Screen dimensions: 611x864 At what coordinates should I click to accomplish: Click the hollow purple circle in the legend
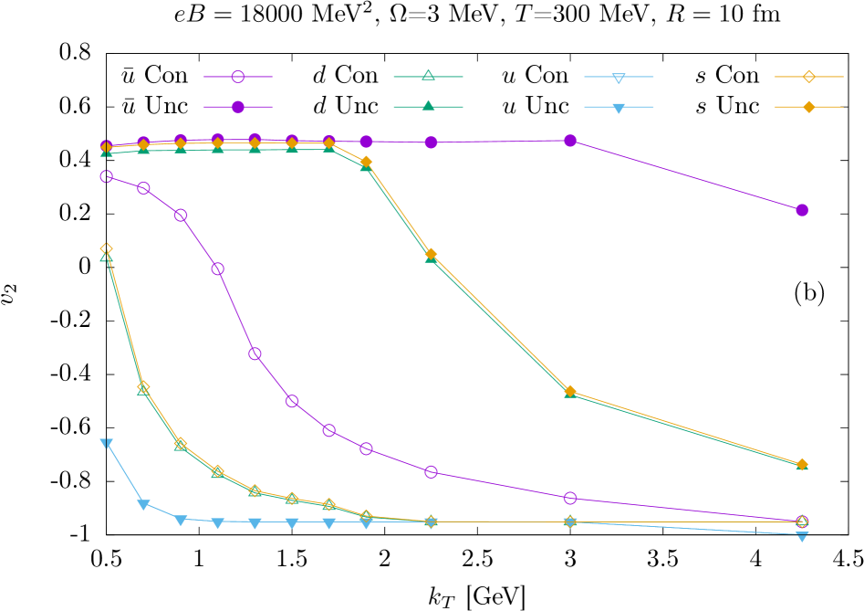click(x=238, y=77)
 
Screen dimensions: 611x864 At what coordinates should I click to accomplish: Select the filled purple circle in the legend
click(x=238, y=107)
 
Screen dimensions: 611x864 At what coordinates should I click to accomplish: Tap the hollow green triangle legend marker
click(x=429, y=76)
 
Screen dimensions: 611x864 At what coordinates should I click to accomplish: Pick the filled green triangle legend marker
click(x=429, y=106)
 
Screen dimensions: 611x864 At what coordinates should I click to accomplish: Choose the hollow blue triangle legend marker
click(x=619, y=78)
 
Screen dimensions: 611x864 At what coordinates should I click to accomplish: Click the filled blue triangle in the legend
click(x=619, y=108)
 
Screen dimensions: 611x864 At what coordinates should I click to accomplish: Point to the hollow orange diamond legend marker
click(x=808, y=77)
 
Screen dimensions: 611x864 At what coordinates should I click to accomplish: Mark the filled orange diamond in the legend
click(x=808, y=107)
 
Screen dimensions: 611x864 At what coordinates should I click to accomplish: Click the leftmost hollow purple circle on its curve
click(x=107, y=176)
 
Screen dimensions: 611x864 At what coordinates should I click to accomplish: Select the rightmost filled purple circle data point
click(x=802, y=210)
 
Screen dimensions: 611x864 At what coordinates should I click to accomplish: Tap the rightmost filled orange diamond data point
click(x=802, y=465)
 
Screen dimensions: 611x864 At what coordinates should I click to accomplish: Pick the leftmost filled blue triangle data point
click(x=107, y=444)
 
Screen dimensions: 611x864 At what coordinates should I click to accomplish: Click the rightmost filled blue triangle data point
click(x=802, y=536)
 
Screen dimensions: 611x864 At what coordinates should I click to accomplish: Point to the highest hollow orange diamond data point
click(x=107, y=249)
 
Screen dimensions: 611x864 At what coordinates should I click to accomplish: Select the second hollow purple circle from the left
click(x=144, y=188)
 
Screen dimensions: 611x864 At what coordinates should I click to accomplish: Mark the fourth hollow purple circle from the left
click(x=218, y=269)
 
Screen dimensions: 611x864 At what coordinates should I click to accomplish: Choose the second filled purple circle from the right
click(x=570, y=141)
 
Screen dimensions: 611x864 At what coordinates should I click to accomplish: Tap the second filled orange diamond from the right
click(x=570, y=391)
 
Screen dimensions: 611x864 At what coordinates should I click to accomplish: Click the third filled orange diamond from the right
click(x=431, y=254)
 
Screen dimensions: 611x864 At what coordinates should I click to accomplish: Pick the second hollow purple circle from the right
click(x=570, y=498)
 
